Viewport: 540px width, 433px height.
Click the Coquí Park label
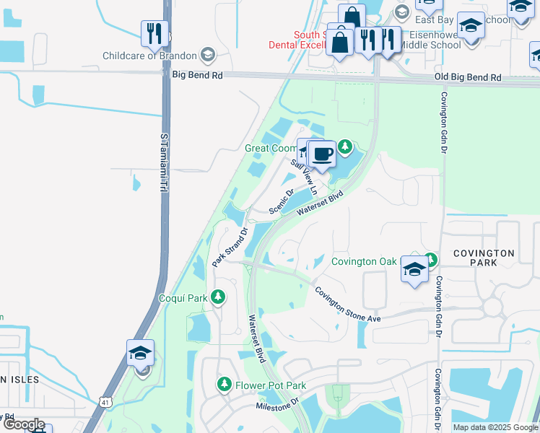click(x=183, y=297)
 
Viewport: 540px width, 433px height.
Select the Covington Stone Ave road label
click(x=347, y=305)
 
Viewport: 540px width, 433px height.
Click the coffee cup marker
click(x=322, y=154)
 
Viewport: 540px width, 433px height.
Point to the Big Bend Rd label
click(x=197, y=74)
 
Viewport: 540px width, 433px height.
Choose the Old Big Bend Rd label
click(x=467, y=76)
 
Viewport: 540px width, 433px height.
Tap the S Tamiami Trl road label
click(x=163, y=162)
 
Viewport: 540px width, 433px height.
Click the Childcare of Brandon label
click(x=149, y=56)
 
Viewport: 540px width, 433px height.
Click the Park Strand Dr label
click(x=230, y=248)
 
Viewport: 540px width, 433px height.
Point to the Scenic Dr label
click(x=282, y=201)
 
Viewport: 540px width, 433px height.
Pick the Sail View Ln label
click(x=303, y=177)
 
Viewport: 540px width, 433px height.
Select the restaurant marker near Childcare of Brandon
click(x=154, y=32)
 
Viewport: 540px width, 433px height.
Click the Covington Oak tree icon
click(x=431, y=258)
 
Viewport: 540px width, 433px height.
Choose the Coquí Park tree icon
click(x=217, y=297)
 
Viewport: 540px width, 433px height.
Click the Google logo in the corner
click(x=24, y=424)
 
